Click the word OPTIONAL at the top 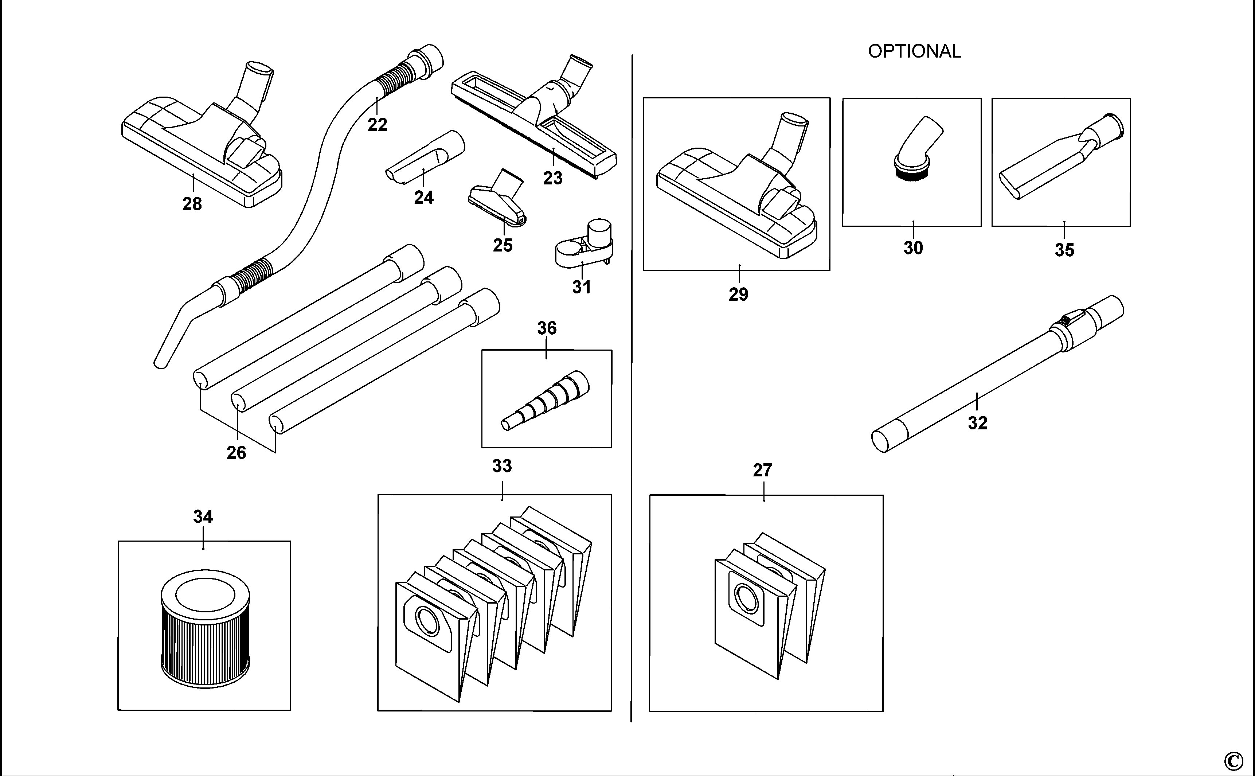pos(914,51)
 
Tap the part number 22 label pos(377,125)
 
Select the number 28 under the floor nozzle pos(192,204)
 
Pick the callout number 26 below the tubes pos(236,453)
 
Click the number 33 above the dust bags pos(502,466)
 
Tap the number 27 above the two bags pos(762,470)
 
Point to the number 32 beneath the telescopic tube pos(977,423)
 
